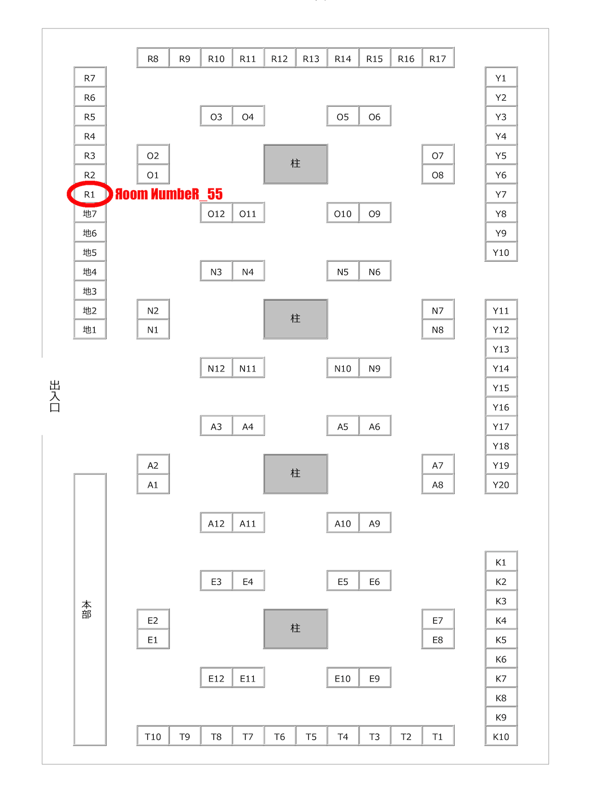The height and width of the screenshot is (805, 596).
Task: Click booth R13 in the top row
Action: (311, 58)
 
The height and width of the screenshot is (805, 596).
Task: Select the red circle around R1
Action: (89, 194)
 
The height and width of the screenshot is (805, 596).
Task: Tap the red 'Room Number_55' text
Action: (169, 194)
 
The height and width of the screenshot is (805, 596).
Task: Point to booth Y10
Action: (501, 252)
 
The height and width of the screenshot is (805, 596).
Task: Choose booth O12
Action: (216, 213)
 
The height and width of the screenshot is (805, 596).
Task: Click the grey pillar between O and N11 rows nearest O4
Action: (296, 163)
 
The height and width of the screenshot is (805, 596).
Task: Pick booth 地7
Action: (89, 213)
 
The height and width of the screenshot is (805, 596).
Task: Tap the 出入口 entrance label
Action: (55, 396)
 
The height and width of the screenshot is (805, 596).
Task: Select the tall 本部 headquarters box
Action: (89, 609)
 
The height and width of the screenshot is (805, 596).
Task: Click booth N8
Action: (437, 330)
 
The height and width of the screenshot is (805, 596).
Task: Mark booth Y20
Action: (501, 485)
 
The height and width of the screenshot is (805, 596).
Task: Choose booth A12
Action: (216, 524)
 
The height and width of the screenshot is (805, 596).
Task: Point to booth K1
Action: (501, 562)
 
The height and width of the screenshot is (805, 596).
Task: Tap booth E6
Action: (374, 581)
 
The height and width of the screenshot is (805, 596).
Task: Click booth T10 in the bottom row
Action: (153, 736)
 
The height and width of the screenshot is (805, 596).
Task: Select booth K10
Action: (501, 736)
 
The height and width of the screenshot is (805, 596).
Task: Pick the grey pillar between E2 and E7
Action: (296, 628)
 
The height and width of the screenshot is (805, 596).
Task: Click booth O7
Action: (437, 156)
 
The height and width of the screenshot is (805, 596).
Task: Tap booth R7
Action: (89, 78)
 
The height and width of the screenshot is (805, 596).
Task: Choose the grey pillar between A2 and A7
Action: (296, 473)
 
